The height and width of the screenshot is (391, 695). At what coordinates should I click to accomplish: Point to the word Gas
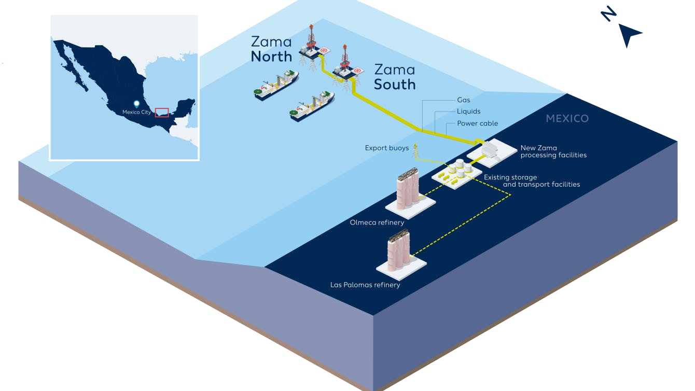click(463, 100)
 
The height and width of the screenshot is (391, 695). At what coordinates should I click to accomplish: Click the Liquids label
click(468, 111)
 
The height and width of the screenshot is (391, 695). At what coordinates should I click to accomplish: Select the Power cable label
click(477, 123)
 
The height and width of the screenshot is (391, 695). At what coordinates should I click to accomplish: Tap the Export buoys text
click(386, 148)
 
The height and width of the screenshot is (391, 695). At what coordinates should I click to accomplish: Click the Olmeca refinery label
click(377, 223)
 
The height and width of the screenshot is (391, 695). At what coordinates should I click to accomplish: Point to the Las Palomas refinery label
click(365, 285)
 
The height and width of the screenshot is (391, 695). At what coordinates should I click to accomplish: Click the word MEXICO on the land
click(567, 119)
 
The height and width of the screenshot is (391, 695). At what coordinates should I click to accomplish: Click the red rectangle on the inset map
click(162, 113)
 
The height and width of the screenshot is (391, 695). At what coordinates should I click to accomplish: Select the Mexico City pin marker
click(136, 104)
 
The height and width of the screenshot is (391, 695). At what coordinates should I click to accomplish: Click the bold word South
click(394, 84)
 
